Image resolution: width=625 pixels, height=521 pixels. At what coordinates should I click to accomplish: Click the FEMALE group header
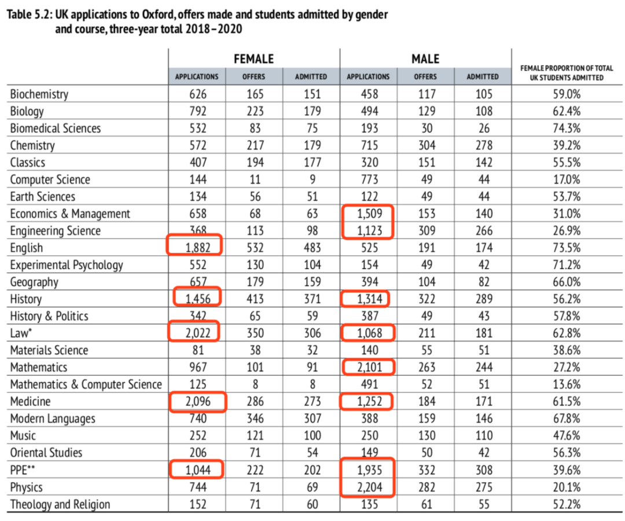(x=253, y=59)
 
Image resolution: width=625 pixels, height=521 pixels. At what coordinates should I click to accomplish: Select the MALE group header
(x=425, y=59)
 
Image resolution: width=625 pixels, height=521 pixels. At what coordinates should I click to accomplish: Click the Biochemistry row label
(x=39, y=94)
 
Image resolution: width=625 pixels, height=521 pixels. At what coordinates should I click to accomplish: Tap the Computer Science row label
(x=50, y=179)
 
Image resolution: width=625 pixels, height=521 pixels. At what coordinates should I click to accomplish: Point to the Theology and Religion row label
(x=60, y=504)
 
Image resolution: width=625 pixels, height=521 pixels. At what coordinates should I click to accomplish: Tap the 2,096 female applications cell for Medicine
(x=197, y=402)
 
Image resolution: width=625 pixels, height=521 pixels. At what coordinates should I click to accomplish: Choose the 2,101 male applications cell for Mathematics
(x=369, y=368)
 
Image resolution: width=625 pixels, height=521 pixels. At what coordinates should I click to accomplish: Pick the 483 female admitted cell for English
(x=311, y=248)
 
